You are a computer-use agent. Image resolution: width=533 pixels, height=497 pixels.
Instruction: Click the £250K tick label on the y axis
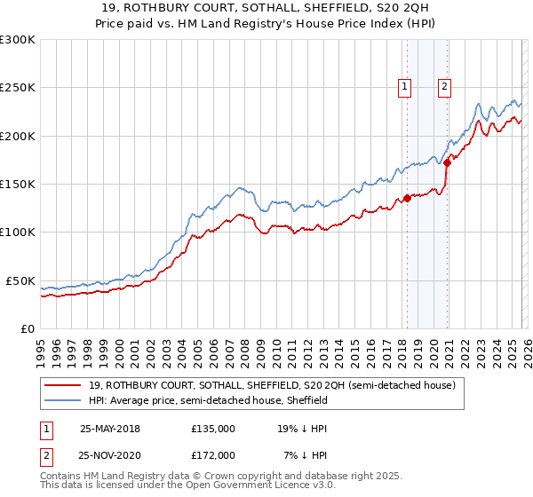pos(18,88)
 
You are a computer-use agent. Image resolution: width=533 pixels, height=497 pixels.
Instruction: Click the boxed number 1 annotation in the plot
pos(405,87)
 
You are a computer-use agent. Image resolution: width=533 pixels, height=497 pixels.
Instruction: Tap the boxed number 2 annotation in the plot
pos(444,87)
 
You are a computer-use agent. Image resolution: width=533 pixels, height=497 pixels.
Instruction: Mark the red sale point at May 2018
pos(407,199)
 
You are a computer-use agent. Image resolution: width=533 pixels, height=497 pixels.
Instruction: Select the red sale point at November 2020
pos(447,162)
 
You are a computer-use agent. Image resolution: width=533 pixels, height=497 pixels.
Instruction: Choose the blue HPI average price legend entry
pos(208,401)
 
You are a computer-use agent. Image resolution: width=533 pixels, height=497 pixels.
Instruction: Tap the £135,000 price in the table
pos(213,429)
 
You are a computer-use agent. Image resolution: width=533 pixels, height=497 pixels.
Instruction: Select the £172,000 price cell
pos(213,455)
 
